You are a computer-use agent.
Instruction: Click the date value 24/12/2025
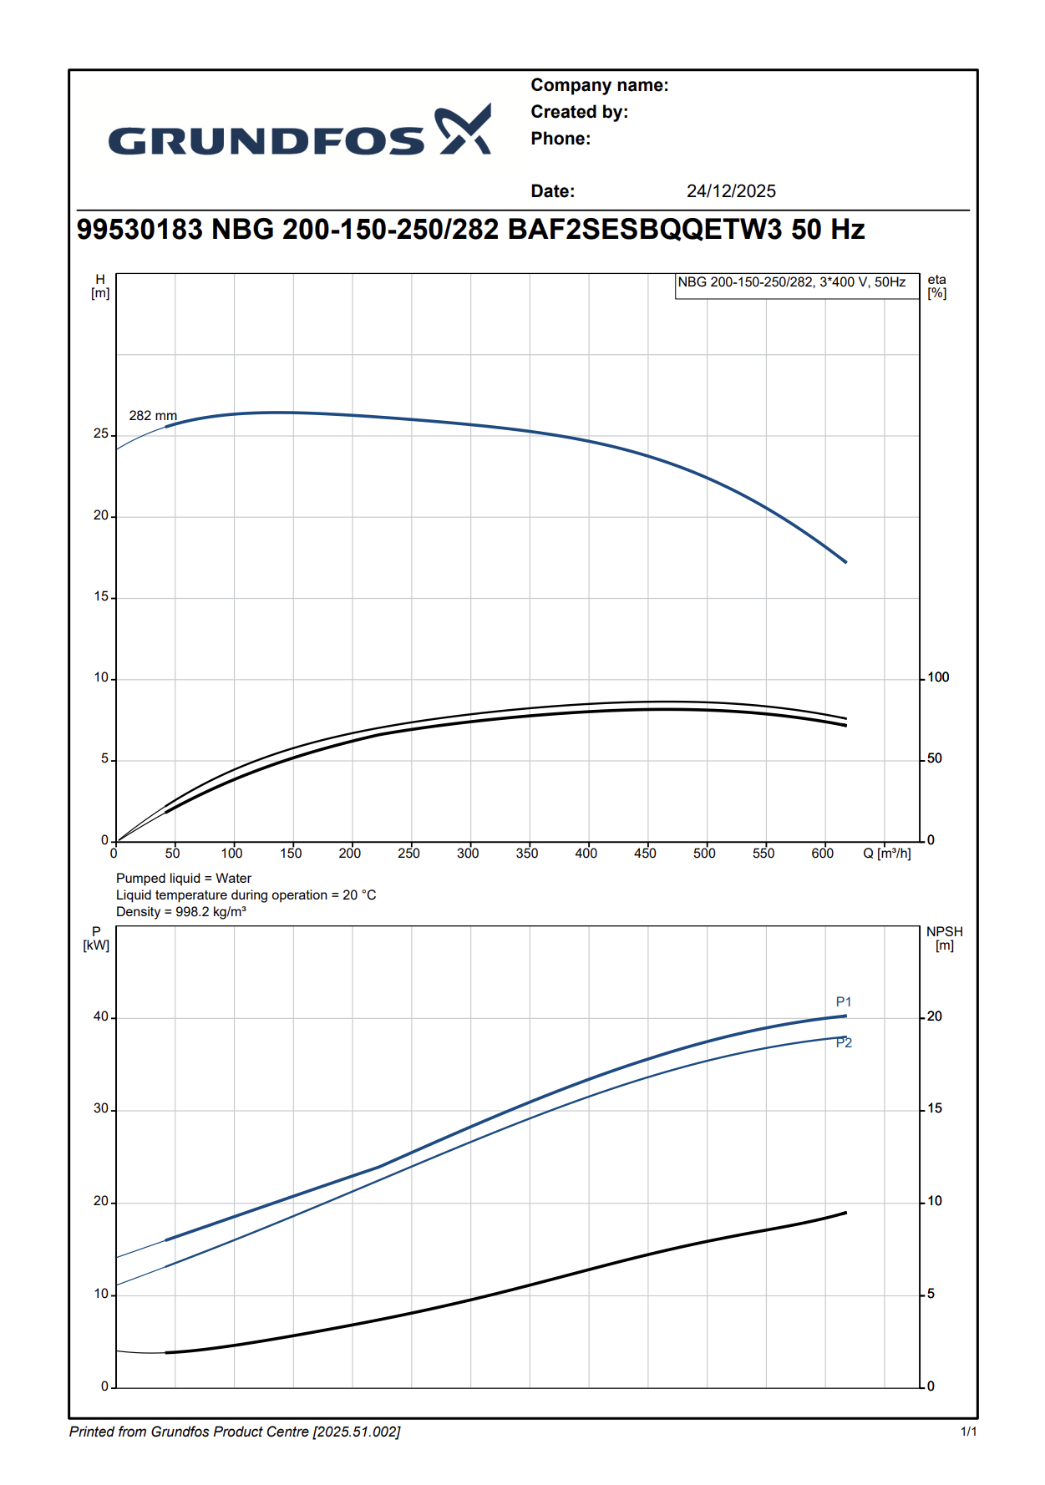coord(731,191)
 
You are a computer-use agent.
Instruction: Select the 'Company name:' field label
coord(599,85)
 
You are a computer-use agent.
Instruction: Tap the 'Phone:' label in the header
coord(561,139)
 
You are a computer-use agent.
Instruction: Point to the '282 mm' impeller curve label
coord(153,416)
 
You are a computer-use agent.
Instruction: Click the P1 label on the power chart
coord(844,1002)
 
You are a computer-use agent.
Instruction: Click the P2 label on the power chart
coord(844,1043)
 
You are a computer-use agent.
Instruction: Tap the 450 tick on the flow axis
coord(645,854)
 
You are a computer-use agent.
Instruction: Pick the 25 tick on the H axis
coord(101,433)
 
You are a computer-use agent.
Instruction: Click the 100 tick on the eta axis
coord(938,677)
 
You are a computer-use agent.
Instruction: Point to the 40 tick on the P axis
coord(101,1016)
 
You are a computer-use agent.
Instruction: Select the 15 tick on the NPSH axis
coord(935,1108)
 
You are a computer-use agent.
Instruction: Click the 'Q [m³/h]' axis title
coord(887,854)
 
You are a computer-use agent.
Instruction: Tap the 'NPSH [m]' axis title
coord(944,939)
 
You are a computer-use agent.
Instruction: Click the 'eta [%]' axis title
coord(937,286)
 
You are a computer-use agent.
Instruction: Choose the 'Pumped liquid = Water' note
coord(184,879)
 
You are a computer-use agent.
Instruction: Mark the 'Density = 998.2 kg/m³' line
coord(181,912)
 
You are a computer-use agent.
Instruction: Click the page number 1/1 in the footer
coord(968,1432)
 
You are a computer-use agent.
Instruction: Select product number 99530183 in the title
coord(140,230)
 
